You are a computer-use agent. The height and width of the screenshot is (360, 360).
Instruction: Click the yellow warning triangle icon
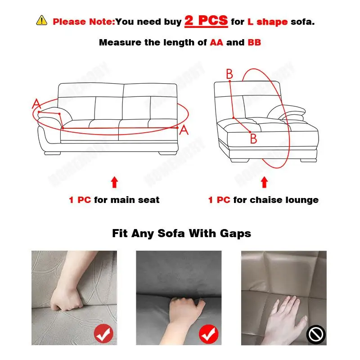(41, 21)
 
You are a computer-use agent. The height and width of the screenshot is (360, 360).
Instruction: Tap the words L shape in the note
(267, 21)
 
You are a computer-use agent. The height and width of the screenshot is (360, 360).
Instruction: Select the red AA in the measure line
(216, 43)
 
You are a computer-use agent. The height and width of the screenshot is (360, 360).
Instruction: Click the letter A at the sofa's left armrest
(36, 104)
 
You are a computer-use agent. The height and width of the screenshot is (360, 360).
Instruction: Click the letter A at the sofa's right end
(184, 130)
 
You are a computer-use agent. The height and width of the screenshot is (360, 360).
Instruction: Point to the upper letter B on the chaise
(229, 74)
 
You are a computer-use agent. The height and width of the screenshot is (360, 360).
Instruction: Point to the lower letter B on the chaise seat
(253, 139)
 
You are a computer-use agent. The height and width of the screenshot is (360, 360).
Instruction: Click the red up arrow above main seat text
(114, 182)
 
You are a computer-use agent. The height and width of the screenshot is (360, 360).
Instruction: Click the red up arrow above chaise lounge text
(265, 182)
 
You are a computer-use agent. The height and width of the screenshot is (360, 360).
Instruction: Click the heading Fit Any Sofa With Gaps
(181, 234)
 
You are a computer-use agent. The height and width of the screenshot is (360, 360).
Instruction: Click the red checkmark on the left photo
(103, 334)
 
